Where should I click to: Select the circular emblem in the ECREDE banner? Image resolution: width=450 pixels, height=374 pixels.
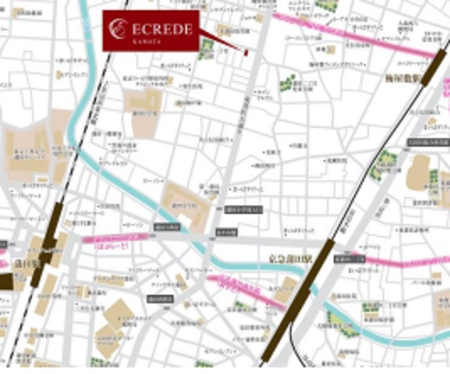coord(120,30)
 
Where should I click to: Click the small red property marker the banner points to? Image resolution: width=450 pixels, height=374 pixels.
coord(245,51)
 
